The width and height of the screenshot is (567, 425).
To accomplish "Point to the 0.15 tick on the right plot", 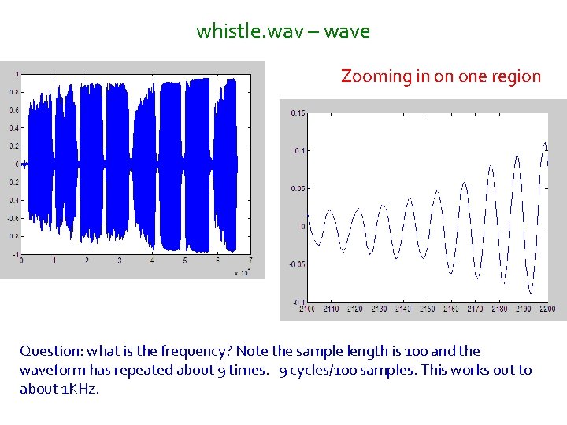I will tap(298, 113).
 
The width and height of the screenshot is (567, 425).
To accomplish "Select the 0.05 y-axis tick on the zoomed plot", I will tap(298, 189).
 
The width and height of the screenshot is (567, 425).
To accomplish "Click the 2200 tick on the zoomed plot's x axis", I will tap(546, 309).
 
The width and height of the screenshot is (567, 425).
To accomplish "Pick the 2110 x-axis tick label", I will tap(330, 309).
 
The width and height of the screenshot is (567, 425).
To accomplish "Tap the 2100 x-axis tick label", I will tap(306, 309).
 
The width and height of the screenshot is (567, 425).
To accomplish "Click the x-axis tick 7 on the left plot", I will tap(250, 261).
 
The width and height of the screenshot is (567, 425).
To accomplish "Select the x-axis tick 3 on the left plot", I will tap(119, 261).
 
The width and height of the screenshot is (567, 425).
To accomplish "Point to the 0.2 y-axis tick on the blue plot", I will tap(13, 146).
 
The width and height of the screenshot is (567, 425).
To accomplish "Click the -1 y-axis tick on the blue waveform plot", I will tap(15, 254).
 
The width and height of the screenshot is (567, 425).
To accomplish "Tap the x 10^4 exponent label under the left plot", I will tap(241, 272).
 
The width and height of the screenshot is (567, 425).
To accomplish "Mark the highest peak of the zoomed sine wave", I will tap(544, 145).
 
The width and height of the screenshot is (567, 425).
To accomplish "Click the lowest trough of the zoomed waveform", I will tap(531, 293).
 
